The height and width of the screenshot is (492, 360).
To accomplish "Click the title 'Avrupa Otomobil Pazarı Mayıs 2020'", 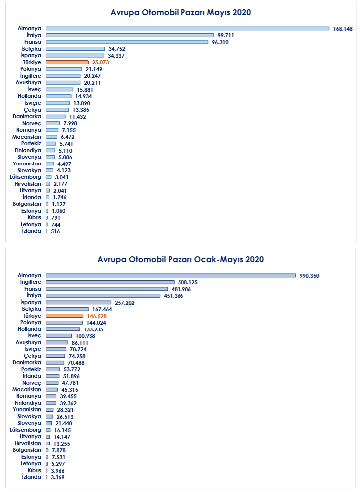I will click(180, 12).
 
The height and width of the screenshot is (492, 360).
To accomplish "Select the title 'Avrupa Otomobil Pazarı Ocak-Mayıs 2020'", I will click(180, 259).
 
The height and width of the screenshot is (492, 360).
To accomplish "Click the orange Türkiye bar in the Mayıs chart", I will click(67, 62).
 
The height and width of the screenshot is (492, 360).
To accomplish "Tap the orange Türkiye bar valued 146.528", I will click(65, 316).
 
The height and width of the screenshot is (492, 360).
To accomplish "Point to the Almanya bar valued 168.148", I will click(187, 28).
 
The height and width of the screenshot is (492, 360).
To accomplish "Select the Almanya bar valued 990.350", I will click(171, 275).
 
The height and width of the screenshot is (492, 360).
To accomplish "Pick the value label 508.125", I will click(188, 282).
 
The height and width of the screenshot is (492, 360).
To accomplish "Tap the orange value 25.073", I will click(100, 62).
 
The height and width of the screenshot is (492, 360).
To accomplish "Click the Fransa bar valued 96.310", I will click(127, 42).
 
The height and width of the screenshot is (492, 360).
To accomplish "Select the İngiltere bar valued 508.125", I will click(110, 282).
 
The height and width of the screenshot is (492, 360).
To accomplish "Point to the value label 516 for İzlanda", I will click(55, 231).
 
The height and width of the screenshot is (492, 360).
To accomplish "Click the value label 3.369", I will click(58, 477).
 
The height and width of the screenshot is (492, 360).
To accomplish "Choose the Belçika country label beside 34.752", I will click(32, 49).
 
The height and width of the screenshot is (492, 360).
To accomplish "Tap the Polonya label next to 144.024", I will click(31, 323).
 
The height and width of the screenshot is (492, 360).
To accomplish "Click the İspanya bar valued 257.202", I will click(78, 302).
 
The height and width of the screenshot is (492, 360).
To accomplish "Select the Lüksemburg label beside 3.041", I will click(26, 177).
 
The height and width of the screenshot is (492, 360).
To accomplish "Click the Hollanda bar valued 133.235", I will click(63, 329).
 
